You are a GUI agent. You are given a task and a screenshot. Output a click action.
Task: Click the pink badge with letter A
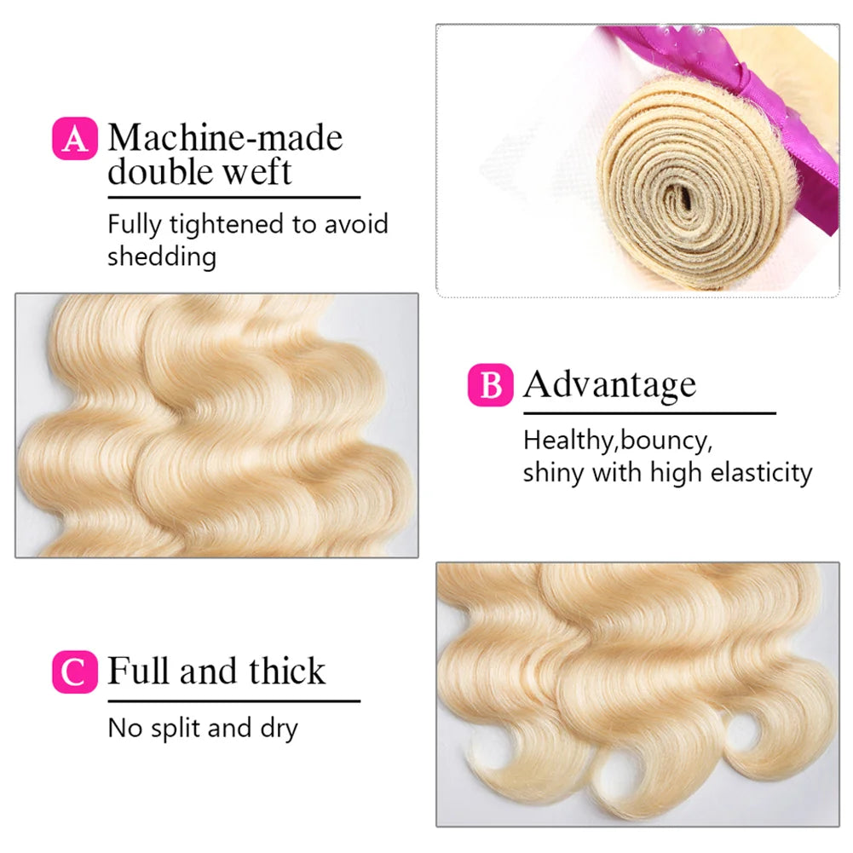(x=75, y=138)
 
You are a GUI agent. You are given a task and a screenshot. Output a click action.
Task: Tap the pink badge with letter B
(x=490, y=385)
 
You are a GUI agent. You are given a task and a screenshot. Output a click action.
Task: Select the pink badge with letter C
(x=75, y=671)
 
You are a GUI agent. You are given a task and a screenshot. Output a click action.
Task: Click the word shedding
(x=162, y=256)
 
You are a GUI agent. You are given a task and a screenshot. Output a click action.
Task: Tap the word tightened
(x=227, y=225)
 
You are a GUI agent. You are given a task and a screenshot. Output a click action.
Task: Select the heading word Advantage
(x=610, y=386)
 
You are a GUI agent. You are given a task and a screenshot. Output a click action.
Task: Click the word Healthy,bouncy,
(x=618, y=441)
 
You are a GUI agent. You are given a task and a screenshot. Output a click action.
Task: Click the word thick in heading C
(x=287, y=670)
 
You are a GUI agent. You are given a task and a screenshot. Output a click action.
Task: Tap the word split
(x=176, y=729)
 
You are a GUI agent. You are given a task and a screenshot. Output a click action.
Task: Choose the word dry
(x=279, y=729)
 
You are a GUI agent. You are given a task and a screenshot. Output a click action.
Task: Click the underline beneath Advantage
(x=649, y=413)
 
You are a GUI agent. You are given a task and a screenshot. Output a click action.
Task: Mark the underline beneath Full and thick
(x=234, y=700)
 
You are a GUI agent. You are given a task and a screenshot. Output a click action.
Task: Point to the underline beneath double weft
(x=234, y=197)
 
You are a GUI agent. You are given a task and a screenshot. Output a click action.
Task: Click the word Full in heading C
(x=138, y=670)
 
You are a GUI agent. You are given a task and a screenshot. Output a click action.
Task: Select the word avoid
(x=356, y=224)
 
